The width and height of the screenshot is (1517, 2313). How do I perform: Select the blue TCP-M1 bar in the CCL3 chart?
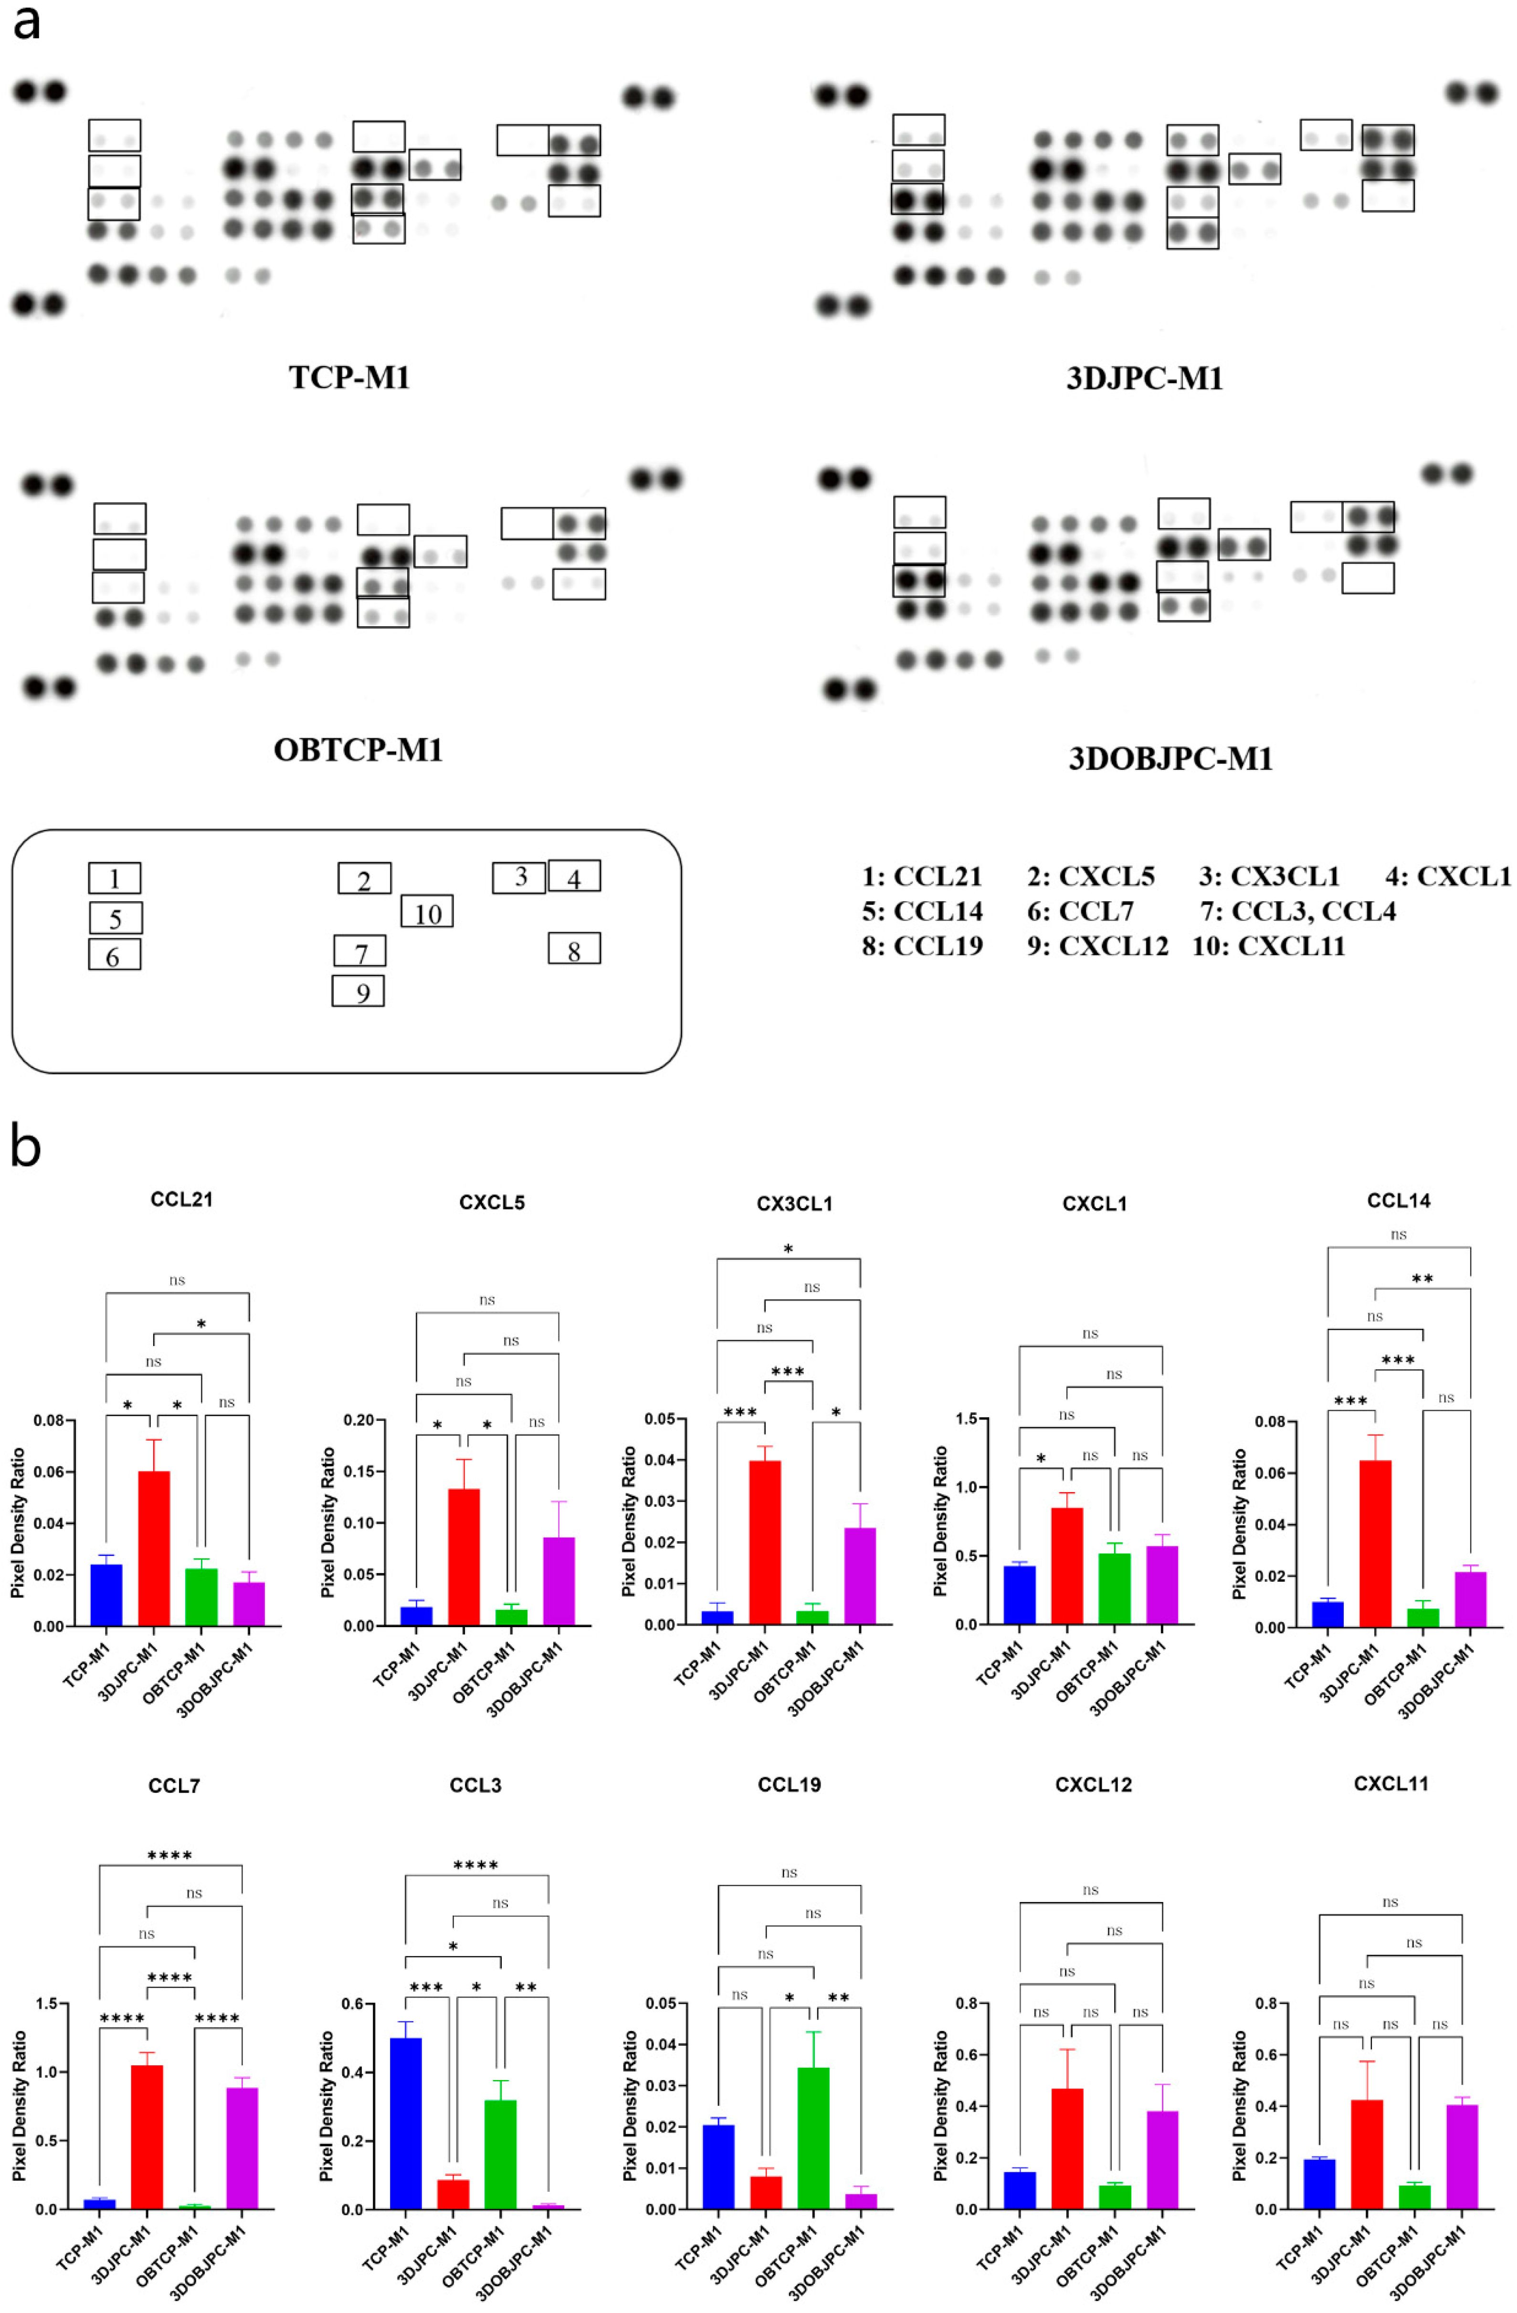coord(405,2124)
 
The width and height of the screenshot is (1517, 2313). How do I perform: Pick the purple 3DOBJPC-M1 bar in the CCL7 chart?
coord(242,2148)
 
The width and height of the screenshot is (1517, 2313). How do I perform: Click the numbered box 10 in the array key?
coord(427,912)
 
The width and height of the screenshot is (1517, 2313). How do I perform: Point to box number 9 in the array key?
coord(358,991)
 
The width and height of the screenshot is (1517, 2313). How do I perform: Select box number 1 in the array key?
coord(115,878)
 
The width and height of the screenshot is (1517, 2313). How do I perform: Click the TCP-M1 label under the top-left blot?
coord(349,377)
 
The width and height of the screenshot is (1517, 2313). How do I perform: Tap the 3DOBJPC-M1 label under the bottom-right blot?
coord(1170,758)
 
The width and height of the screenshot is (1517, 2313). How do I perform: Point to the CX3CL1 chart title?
coord(794,1203)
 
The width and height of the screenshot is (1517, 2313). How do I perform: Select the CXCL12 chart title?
coord(1093,1784)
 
